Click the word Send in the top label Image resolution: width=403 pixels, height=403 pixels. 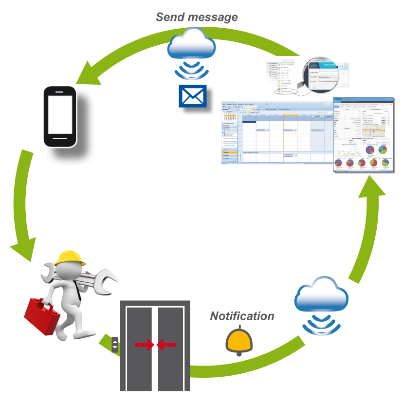[x=170, y=17]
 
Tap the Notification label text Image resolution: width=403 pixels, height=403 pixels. [x=242, y=316]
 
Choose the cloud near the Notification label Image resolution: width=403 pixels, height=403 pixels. [x=322, y=296]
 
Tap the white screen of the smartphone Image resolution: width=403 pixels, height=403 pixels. [x=60, y=116]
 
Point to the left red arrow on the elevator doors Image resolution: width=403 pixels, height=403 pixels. [x=145, y=345]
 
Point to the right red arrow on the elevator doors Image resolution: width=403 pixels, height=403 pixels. [x=167, y=345]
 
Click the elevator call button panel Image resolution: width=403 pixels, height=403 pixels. [x=115, y=345]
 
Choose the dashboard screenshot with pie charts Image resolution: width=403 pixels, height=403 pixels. [x=363, y=135]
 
